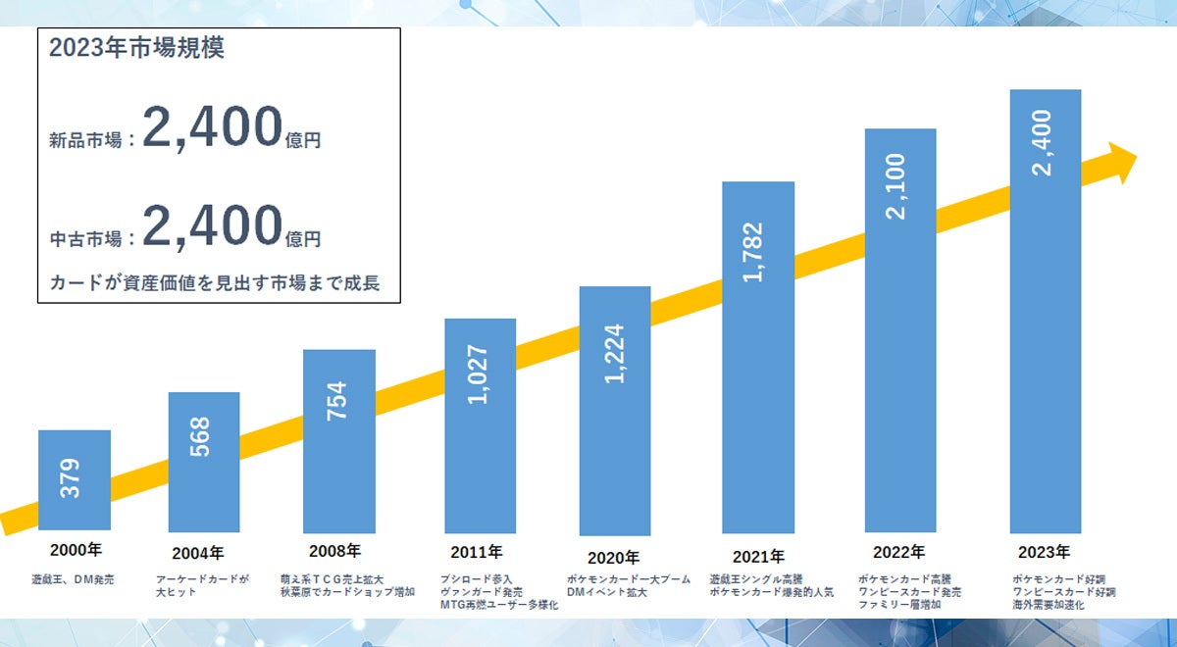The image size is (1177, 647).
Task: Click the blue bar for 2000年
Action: point(75,480)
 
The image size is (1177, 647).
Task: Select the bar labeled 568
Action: point(204,461)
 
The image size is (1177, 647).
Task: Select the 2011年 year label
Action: point(477,552)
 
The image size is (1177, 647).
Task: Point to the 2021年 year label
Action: point(758,557)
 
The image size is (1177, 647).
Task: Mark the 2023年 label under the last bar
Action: point(1043,552)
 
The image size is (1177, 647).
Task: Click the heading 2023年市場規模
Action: point(136,48)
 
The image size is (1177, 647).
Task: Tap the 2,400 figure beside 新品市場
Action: point(212,127)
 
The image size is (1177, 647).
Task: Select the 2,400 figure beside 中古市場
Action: point(212,225)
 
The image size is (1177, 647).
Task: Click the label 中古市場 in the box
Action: point(86,238)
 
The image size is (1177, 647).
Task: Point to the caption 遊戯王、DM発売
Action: point(73,580)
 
